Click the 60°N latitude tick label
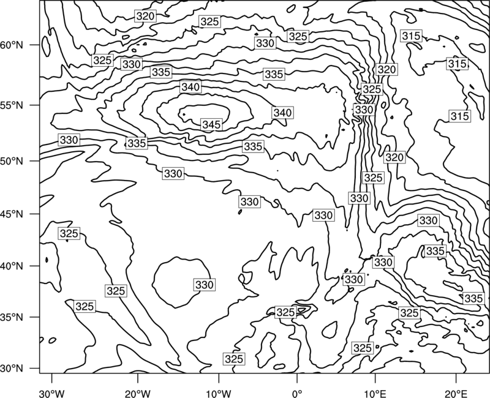click(x=12, y=45)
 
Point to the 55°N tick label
click(x=12, y=105)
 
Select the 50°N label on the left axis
click(x=12, y=161)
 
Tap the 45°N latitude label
click(x=12, y=214)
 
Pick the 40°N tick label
click(x=12, y=266)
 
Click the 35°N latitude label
click(x=12, y=317)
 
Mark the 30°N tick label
click(x=12, y=369)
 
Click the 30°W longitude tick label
click(x=51, y=394)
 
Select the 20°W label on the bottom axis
click(x=137, y=394)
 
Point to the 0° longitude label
click(x=297, y=394)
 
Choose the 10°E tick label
click(x=375, y=394)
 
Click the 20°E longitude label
click(x=456, y=394)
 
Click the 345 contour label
click(x=211, y=125)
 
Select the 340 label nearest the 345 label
click(x=190, y=87)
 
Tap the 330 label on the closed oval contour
click(x=205, y=285)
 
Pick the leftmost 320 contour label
click(x=145, y=16)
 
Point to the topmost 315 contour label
click(x=411, y=36)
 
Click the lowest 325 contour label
click(x=234, y=359)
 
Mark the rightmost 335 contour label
click(x=473, y=298)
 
